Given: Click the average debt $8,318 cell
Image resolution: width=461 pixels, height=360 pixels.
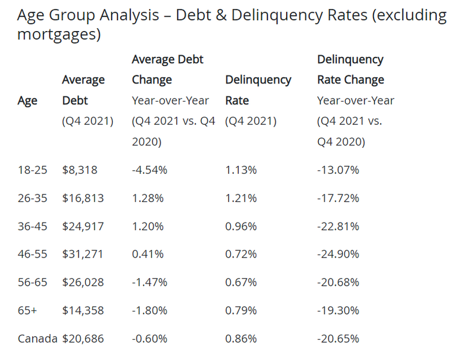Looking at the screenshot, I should point(79,170).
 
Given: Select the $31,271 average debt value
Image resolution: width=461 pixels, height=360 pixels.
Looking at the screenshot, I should point(83,254).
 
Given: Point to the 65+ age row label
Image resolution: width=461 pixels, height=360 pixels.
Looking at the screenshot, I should point(26,311).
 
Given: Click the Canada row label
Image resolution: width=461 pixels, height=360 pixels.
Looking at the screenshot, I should point(37,339).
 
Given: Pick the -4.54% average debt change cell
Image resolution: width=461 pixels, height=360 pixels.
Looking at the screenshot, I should point(150,170).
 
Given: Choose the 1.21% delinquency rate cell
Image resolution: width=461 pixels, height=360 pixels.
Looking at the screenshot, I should point(241,198).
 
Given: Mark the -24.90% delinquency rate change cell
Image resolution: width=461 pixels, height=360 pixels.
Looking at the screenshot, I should point(338,254).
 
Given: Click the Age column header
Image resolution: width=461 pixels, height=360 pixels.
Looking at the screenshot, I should point(28,101).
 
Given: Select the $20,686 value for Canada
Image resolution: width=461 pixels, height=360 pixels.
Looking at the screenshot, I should point(83,339).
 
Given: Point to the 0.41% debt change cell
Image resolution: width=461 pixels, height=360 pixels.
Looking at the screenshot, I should point(148,254).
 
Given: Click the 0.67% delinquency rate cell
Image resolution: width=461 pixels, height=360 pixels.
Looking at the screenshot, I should point(241,282).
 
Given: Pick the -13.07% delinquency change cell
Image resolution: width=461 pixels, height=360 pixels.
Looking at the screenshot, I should point(338,170).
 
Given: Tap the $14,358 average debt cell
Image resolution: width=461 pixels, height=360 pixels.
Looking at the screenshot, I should point(83,311).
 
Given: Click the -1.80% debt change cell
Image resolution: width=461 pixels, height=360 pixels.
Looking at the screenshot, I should point(150,311).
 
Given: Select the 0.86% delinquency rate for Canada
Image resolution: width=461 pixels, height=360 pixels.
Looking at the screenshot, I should point(241,339).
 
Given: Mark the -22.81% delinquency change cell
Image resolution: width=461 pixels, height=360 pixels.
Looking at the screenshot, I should point(338,226).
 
